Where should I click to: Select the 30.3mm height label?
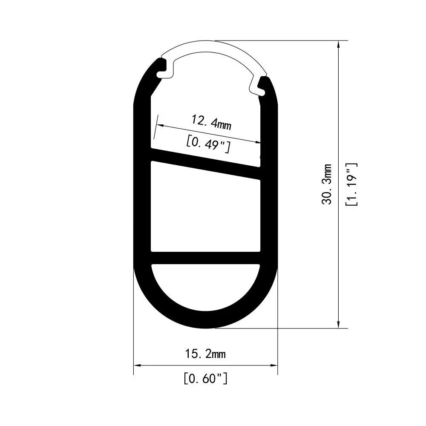tap(327, 184)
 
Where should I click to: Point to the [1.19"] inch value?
tap(352, 184)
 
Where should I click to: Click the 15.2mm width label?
tap(205, 354)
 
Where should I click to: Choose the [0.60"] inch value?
tap(205, 378)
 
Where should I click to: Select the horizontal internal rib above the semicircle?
tap(206, 258)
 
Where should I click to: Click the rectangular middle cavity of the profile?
tap(206, 213)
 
